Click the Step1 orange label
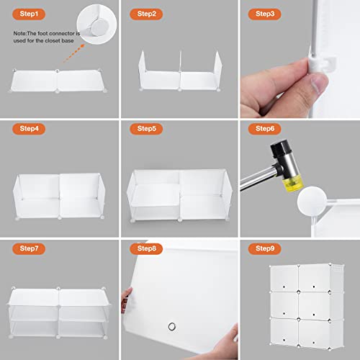(29, 14)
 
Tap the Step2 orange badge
(146, 14)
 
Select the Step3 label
(264, 14)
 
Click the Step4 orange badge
(29, 129)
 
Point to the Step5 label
(146, 129)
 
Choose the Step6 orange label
(264, 129)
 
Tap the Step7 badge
(29, 248)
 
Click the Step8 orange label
(146, 248)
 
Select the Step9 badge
(264, 248)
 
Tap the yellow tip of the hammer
(293, 183)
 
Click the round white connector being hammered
(312, 201)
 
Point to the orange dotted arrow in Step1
(74, 53)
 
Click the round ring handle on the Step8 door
(172, 326)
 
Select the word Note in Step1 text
(19, 33)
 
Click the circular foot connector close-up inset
(96, 24)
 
